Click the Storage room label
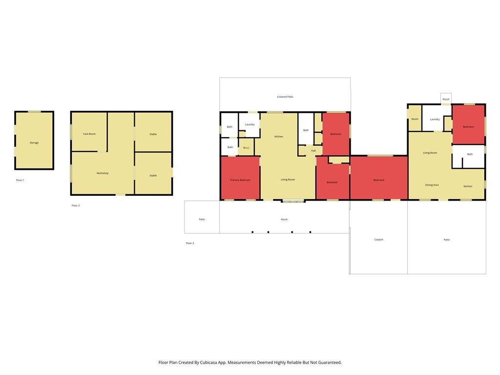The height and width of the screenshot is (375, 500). point(34,143)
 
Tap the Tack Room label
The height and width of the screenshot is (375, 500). point(89,134)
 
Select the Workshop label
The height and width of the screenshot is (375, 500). point(103,173)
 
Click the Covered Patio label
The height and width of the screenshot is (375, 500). point(285,97)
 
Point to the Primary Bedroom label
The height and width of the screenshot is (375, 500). point(240,180)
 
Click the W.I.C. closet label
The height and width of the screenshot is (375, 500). point(246,147)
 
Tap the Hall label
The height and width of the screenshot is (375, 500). point(313,150)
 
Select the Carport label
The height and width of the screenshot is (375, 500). point(379,239)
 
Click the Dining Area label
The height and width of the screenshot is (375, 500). point(432,185)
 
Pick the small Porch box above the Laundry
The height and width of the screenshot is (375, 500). point(446,99)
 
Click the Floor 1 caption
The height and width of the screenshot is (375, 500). point(20,180)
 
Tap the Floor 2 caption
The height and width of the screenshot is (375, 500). point(76,206)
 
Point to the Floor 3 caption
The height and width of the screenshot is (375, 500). point(190,243)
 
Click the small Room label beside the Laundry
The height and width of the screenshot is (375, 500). point(415,119)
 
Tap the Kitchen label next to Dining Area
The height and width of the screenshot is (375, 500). point(468,186)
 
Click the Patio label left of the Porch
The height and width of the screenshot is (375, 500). point(202,219)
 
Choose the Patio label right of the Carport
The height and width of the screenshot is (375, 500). point(447,239)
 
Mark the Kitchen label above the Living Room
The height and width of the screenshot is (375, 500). point(279,137)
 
